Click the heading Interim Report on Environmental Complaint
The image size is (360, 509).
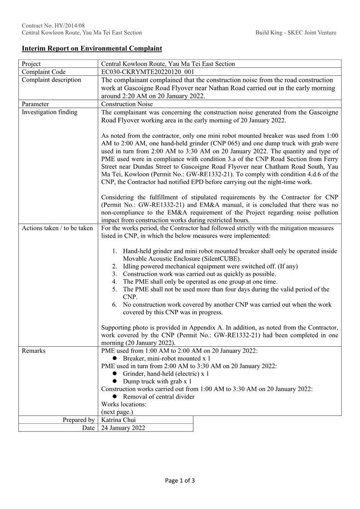point(92,48)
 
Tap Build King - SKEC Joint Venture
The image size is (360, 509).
point(296,32)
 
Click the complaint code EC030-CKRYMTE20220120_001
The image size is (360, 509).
point(148,72)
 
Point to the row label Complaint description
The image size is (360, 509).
point(51,80)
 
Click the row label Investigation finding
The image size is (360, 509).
point(50,112)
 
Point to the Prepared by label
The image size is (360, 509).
point(78,420)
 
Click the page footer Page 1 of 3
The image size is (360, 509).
point(180,480)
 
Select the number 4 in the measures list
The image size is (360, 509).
point(114,282)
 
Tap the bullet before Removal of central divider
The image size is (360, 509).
point(114,397)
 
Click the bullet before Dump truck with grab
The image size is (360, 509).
point(114,381)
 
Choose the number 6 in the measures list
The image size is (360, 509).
point(114,305)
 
